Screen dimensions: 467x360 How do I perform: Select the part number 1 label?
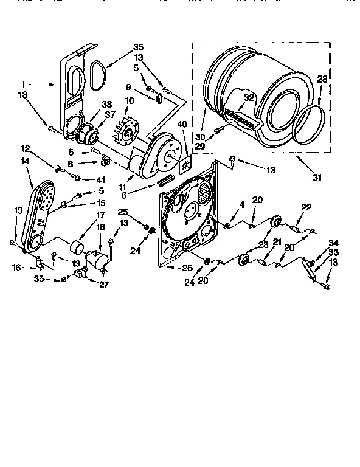(x=23, y=84)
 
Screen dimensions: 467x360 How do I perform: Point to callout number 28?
(x=322, y=80)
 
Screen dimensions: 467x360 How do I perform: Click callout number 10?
(x=130, y=100)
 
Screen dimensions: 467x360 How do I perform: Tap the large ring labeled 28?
(x=307, y=125)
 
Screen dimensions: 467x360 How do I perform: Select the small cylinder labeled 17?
(x=77, y=249)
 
